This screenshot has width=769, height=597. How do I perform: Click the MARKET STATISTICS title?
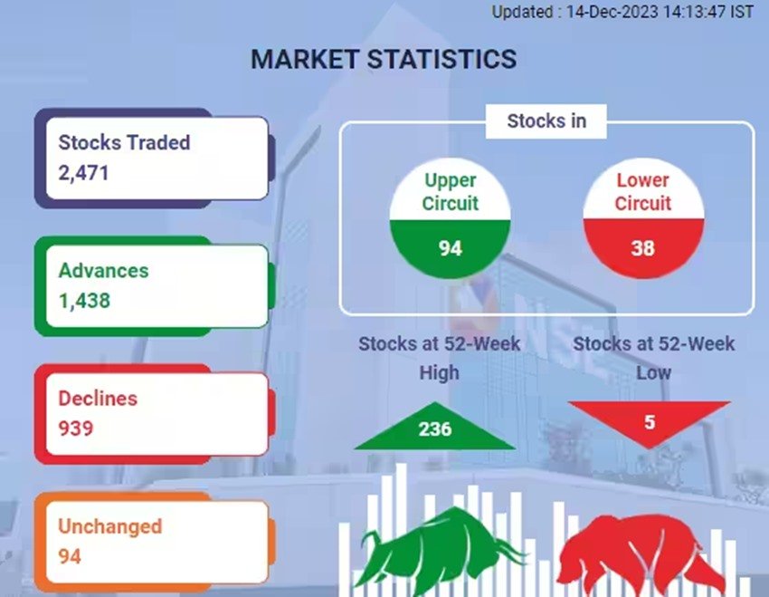coord(384,59)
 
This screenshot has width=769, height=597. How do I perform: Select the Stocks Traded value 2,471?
coord(83,173)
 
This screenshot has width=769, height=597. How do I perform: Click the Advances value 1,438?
coord(84,301)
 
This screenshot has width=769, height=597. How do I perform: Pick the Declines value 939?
coord(75,428)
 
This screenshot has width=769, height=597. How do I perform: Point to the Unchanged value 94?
coord(69,556)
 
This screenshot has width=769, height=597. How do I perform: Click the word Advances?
coord(103,271)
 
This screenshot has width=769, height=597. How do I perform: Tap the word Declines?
coord(98,399)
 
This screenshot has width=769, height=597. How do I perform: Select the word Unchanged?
coord(109,526)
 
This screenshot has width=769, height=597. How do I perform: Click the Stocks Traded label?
coord(124,142)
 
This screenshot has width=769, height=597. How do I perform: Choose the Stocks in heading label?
coord(546,120)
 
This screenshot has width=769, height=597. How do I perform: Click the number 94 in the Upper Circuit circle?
coord(451,248)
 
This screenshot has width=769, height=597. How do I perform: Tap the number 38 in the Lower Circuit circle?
coord(643,248)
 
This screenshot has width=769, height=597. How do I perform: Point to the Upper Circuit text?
coord(451,192)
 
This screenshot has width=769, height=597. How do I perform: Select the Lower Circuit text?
coord(643,192)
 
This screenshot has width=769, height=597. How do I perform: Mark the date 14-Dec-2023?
coord(612,12)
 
